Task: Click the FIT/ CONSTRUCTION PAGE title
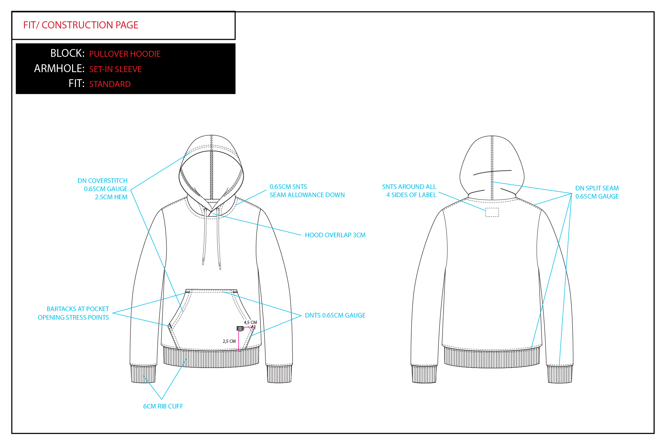pos(81,25)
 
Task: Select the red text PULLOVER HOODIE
pos(125,54)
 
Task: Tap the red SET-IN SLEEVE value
pos(115,69)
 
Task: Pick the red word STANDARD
pos(110,84)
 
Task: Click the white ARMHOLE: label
pos(59,69)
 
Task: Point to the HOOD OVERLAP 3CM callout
pos(335,235)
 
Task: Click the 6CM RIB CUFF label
pos(163,406)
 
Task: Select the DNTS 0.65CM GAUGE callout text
pos(335,315)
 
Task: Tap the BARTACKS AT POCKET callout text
pos(78,309)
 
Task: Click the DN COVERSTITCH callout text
pos(102,181)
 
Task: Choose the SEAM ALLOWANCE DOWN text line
pos(307,195)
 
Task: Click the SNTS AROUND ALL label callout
pos(409,187)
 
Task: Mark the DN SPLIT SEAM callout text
pos(597,188)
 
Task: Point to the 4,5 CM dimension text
pos(250,323)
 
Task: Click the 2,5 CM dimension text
pos(229,341)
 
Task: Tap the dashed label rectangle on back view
pos(492,212)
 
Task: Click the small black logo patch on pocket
pos(240,329)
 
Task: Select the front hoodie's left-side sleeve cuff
pos(143,374)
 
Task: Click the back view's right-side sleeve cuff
pos(559,374)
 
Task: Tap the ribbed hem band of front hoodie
pos(211,358)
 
